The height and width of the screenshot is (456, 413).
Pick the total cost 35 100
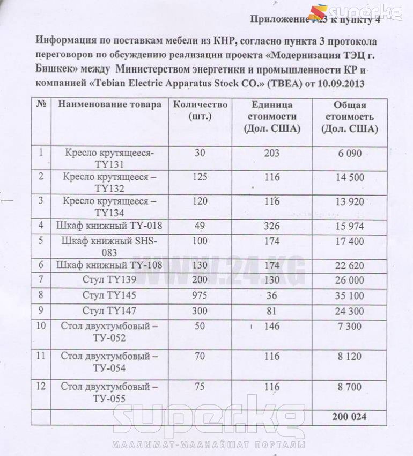click(350, 295)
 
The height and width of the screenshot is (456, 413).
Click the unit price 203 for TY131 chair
click(271, 153)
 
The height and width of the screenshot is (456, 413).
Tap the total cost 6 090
click(350, 153)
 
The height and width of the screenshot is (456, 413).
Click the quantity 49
click(200, 226)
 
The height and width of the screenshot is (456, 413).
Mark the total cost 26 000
click(350, 280)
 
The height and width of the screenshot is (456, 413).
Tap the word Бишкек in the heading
click(52, 69)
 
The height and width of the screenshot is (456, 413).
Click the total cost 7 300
click(350, 326)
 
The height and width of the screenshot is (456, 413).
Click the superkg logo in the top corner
click(356, 12)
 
